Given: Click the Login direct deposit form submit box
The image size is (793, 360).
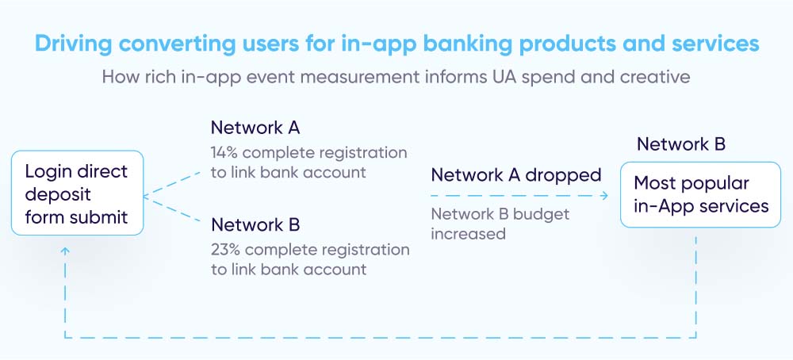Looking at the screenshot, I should point(77,193).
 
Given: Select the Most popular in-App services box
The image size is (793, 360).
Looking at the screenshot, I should point(700,195).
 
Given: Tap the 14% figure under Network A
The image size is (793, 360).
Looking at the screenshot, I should point(225,152).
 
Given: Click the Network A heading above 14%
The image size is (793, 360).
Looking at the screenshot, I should point(255,128).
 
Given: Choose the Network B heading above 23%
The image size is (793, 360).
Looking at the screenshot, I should point(255,224).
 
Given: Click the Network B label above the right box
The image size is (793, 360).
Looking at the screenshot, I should point(681,144).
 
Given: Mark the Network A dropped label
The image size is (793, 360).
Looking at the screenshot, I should point(515,174).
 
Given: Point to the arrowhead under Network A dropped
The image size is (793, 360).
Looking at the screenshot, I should point(604,195).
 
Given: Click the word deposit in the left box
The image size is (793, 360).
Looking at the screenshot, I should point(58,193).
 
